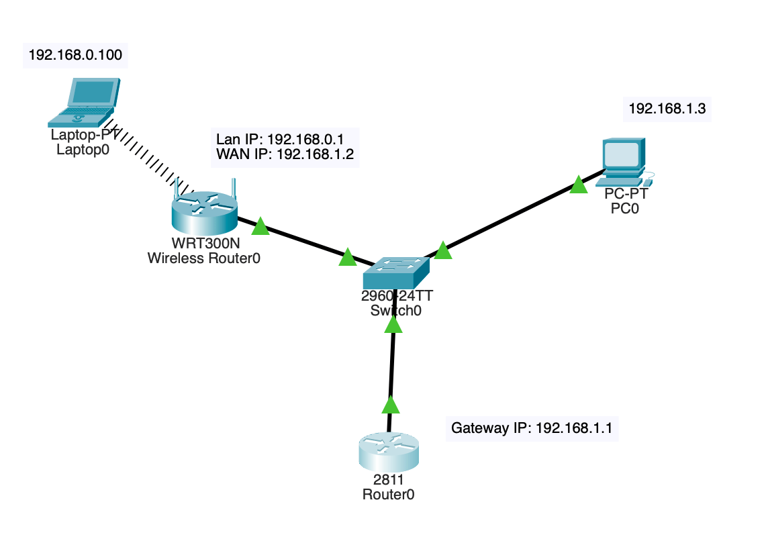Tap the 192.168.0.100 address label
coord(75,55)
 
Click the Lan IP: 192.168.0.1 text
coord(279,140)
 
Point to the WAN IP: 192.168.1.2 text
coord(285,156)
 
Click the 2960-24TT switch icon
coord(395,271)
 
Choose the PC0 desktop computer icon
coord(624,161)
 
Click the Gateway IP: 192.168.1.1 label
coord(532,428)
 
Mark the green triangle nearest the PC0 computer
coord(578,185)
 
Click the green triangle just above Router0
coord(390,405)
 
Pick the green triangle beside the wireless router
coord(260,227)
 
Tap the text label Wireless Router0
coord(203,258)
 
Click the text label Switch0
coord(395,310)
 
